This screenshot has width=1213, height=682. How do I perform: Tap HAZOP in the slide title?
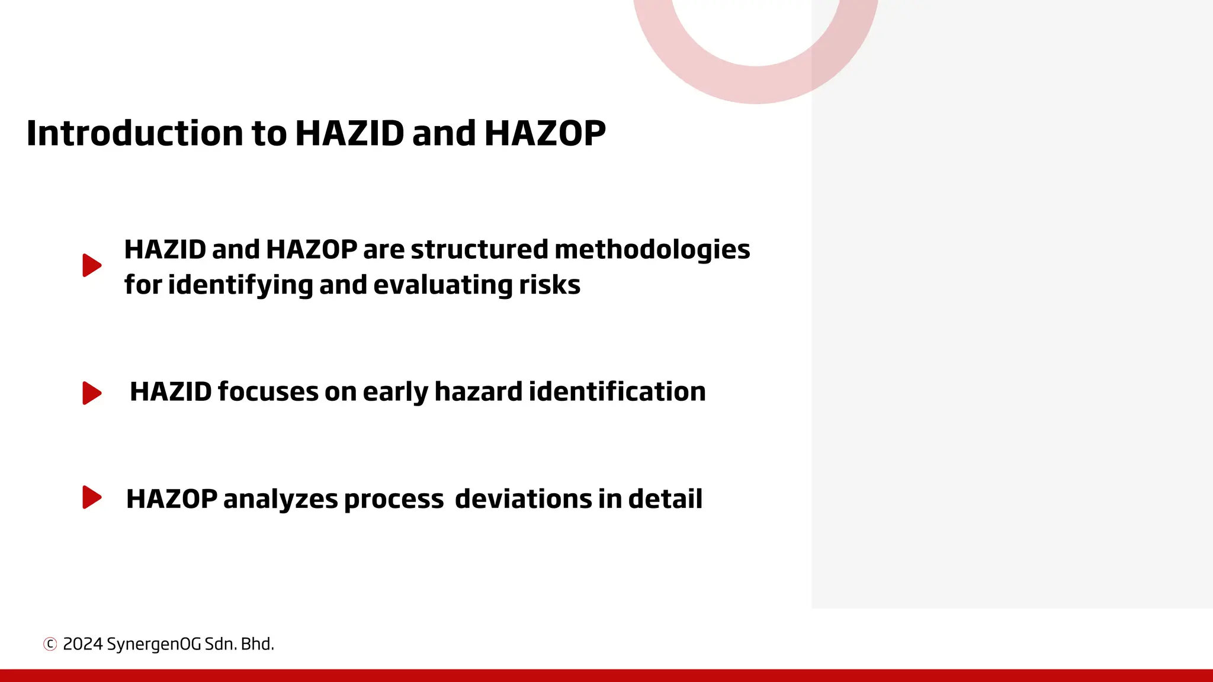(545, 133)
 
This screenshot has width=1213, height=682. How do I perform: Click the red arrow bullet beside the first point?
(92, 265)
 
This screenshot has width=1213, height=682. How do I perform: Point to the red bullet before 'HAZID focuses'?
(92, 393)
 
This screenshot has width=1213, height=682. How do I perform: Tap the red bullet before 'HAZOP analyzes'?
(92, 497)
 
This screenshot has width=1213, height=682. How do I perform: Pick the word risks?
(550, 285)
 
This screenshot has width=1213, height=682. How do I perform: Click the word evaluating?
(443, 285)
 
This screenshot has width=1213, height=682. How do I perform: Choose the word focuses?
(268, 392)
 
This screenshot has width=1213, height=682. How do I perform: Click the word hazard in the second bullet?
(478, 392)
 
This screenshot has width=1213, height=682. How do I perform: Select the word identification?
(617, 392)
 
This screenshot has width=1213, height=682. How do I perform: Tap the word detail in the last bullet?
(665, 499)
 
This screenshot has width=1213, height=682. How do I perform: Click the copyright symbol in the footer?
(50, 644)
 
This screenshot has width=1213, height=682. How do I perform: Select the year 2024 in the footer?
(82, 644)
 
